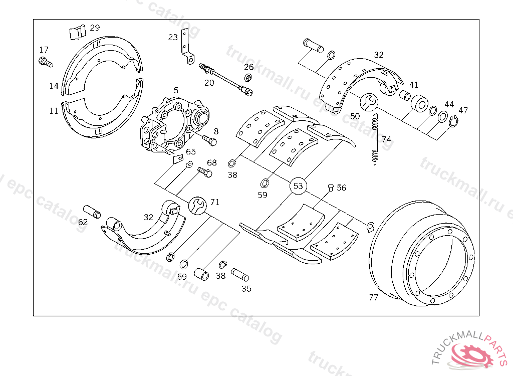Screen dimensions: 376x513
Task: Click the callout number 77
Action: point(373,297)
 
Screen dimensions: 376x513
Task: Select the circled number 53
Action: point(298,186)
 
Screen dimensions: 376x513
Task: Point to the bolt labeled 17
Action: point(45,63)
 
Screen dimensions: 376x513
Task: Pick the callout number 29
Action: point(95,28)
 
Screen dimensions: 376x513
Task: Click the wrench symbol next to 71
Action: point(198,205)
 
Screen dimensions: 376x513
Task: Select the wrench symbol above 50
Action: point(370,101)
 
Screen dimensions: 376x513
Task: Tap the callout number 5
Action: point(176,90)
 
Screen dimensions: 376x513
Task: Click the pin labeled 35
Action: point(240,275)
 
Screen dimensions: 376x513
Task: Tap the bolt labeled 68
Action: point(204,172)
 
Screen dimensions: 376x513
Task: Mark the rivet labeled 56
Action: point(330,187)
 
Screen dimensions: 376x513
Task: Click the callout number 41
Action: point(414,85)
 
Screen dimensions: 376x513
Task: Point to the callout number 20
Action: point(209,83)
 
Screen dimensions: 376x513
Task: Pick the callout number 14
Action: point(54,86)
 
